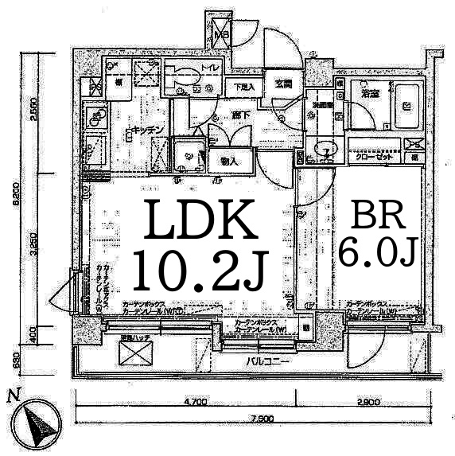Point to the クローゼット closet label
(x=373, y=158)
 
